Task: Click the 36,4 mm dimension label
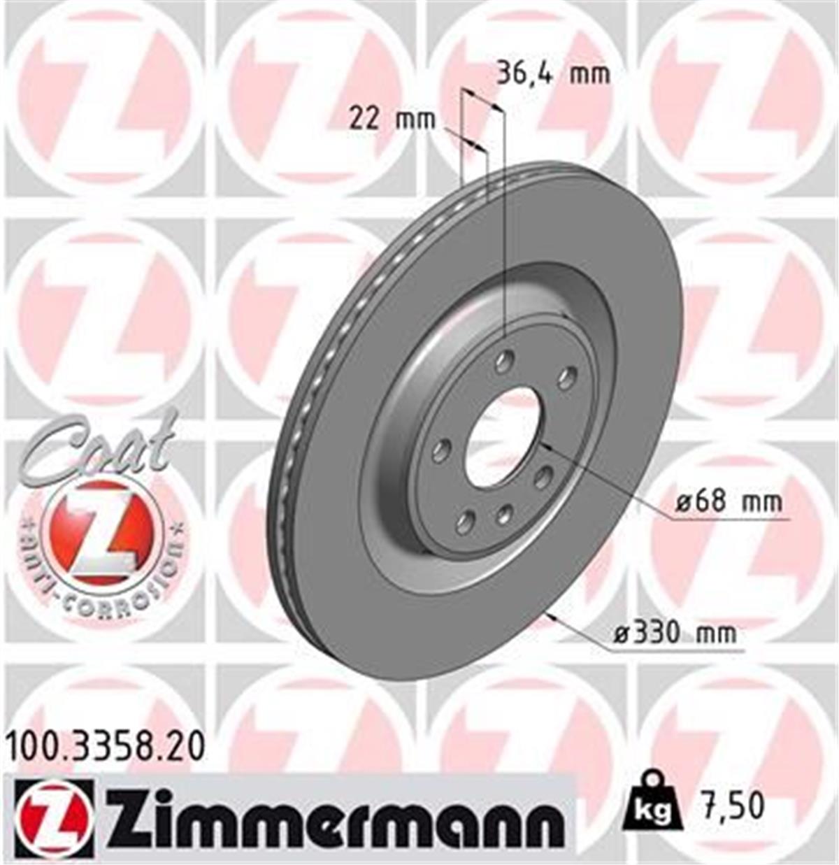click(x=552, y=73)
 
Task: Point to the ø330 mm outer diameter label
click(x=675, y=633)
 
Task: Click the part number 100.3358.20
click(x=106, y=747)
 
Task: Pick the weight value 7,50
click(x=733, y=806)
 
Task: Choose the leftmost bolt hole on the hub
click(x=440, y=451)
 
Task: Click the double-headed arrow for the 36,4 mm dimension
click(x=482, y=101)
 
